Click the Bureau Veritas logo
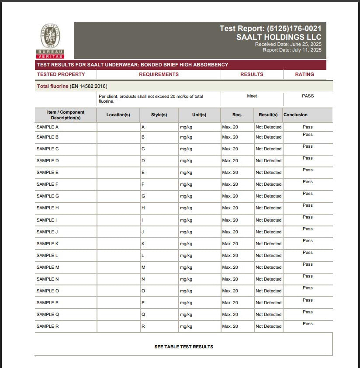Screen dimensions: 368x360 [x=50, y=41]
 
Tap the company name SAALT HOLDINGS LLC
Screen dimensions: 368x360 [x=279, y=37]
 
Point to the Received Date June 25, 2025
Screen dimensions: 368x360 [x=288, y=44]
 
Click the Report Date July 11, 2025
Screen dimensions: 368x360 [x=292, y=50]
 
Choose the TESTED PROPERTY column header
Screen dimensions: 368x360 [x=61, y=74]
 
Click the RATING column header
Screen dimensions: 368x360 [x=305, y=74]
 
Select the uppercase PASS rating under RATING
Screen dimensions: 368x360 [x=308, y=96]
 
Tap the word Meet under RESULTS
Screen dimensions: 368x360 [x=252, y=96]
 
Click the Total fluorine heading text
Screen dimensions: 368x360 [x=53, y=86]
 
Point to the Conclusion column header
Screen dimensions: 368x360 [x=295, y=115]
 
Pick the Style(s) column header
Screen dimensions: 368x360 [x=159, y=115]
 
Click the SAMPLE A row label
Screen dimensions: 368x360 [x=48, y=127]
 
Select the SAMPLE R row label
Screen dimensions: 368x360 [x=48, y=326]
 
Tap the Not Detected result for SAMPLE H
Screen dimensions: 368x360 [x=268, y=208]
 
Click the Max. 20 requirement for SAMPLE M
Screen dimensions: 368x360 [x=230, y=267]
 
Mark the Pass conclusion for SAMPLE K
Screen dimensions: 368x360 [x=308, y=241]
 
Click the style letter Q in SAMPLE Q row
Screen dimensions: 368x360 [x=143, y=315]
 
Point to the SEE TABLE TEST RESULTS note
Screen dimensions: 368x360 [x=184, y=347]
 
